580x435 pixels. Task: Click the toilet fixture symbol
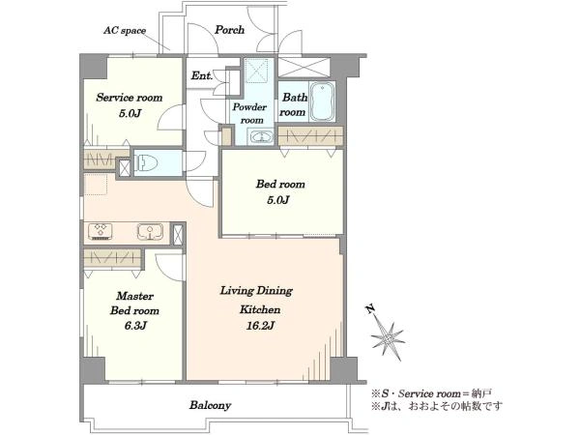(146, 162)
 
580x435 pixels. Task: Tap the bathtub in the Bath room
(322, 101)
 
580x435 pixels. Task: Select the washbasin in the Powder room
(261, 137)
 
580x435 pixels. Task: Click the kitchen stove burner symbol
(101, 232)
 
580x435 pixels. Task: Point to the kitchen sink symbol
(150, 232)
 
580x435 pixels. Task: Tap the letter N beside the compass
(370, 309)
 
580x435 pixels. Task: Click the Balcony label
(211, 405)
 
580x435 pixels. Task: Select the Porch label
(230, 30)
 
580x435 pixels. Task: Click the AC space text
(125, 30)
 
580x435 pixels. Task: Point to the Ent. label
(202, 75)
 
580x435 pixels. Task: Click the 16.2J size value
(260, 326)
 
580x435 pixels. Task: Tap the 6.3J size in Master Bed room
(135, 326)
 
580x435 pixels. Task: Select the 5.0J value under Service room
(130, 113)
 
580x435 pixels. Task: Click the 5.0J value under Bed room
(278, 200)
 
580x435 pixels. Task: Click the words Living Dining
(256, 291)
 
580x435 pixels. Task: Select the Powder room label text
(249, 113)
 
